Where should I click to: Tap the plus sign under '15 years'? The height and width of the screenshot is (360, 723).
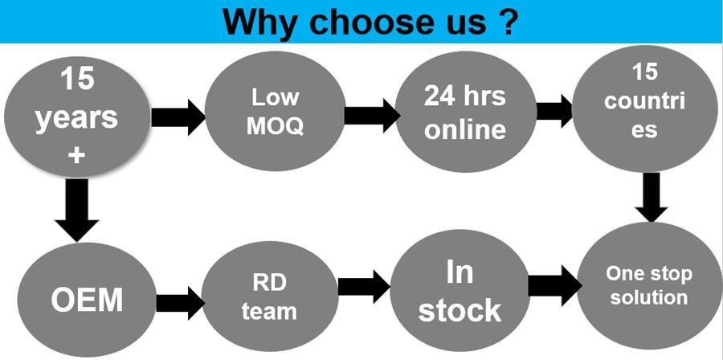tap(76, 154)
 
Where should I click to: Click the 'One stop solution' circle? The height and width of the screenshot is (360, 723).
tap(647, 286)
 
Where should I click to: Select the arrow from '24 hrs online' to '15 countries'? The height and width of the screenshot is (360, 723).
tap(554, 112)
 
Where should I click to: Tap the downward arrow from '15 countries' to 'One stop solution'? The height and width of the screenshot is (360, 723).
tap(652, 196)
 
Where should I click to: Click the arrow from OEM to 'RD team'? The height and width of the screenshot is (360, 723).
tap(179, 302)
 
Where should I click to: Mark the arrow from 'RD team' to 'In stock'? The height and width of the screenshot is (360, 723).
tap(364, 287)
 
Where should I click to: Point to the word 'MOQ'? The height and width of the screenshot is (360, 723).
tap(275, 126)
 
